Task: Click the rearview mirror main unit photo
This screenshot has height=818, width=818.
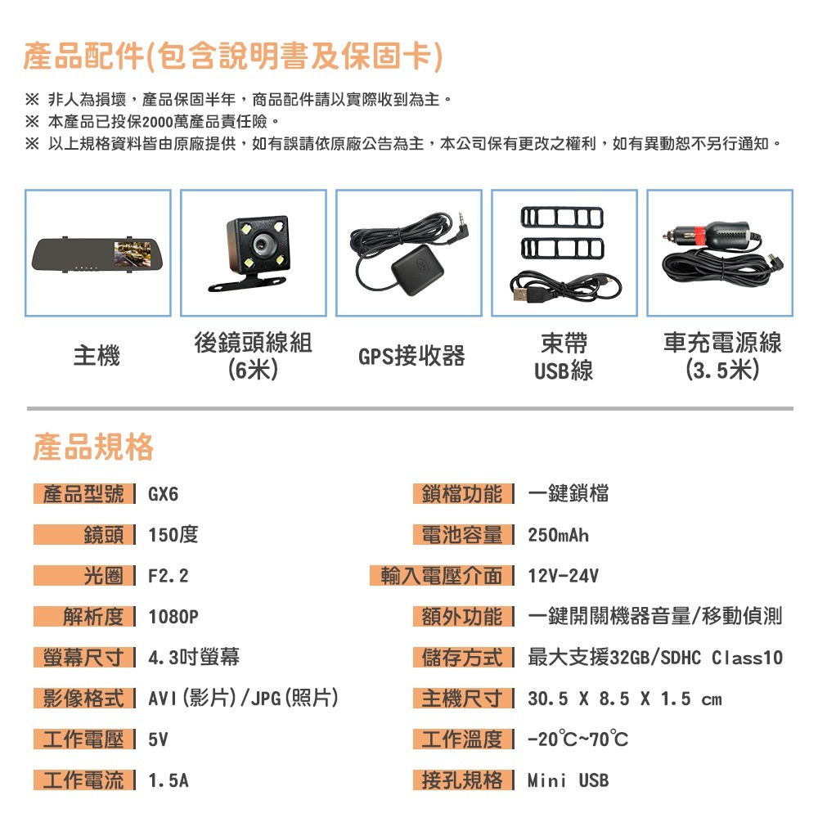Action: [97, 254]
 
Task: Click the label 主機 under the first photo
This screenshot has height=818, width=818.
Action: [97, 357]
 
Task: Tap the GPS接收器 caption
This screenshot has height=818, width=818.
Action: [411, 357]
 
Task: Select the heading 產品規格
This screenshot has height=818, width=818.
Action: [92, 447]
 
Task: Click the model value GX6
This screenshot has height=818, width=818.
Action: [163, 495]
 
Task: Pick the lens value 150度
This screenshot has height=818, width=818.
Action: [173, 536]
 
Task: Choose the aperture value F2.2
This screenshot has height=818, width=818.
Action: [169, 577]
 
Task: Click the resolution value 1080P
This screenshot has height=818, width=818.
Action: [173, 617]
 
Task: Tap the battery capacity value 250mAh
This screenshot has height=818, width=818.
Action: [558, 536]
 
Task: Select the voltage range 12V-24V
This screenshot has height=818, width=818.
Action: [563, 577]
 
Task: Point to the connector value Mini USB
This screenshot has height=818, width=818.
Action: [568, 780]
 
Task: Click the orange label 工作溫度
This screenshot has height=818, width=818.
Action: [462, 739]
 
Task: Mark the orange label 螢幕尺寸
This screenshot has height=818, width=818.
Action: [84, 658]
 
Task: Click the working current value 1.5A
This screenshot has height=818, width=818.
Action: [168, 780]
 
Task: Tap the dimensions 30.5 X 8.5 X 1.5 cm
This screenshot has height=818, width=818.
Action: [625, 699]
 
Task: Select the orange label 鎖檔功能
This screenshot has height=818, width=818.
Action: [462, 495]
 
